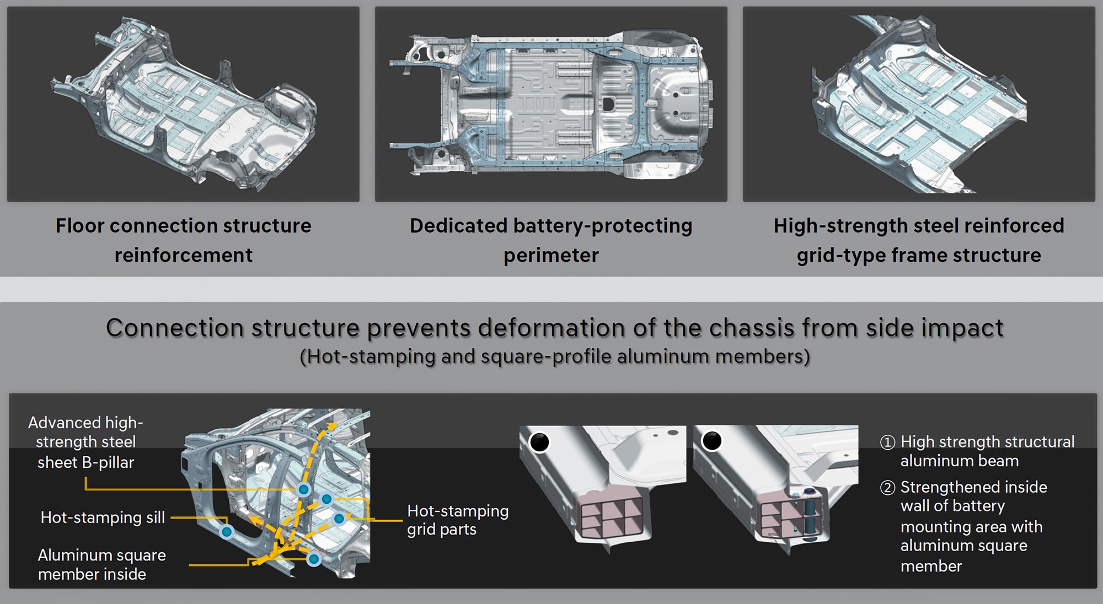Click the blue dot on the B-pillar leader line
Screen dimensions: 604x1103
[303, 489]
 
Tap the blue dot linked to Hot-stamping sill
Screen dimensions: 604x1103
[227, 532]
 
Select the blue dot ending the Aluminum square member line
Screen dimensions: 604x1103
[314, 559]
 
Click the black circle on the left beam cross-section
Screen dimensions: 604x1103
[539, 441]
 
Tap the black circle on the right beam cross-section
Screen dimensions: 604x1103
[711, 441]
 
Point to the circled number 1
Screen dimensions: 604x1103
[887, 443]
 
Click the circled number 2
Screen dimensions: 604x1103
[887, 488]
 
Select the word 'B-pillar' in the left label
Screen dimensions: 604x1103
[108, 462]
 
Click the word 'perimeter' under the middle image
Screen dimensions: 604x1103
[551, 256]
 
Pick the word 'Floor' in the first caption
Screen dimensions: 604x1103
[79, 226]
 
